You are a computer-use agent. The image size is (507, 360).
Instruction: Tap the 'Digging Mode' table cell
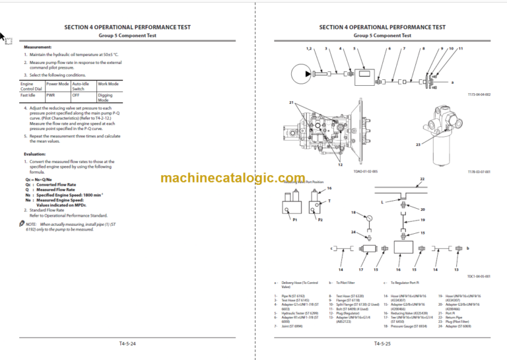(x=108, y=98)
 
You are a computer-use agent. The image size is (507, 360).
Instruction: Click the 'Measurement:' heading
(x=38, y=48)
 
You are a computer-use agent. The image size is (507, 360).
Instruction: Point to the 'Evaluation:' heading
(x=35, y=153)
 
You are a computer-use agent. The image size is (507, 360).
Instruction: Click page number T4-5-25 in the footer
(x=381, y=343)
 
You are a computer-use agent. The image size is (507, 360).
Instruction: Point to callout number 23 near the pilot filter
(x=417, y=145)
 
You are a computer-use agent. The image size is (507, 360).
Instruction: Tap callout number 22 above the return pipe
(x=422, y=179)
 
